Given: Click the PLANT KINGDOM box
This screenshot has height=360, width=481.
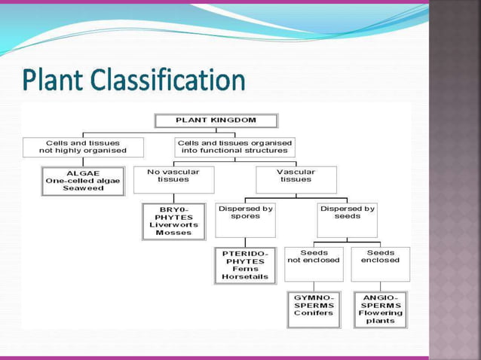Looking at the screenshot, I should (216, 121).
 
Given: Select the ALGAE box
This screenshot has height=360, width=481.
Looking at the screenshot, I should (83, 181).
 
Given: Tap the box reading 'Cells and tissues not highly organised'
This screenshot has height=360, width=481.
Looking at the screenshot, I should (83, 147).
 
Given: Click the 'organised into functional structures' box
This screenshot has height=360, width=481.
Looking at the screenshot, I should (234, 147).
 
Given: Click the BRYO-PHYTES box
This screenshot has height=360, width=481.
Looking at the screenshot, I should (173, 221).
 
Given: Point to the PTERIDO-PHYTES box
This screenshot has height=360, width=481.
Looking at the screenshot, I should (245, 265).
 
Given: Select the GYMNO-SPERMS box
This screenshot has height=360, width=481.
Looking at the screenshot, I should (314, 309).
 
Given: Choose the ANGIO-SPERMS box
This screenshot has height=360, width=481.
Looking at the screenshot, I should (380, 309).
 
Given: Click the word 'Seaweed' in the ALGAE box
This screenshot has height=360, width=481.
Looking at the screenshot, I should (83, 189).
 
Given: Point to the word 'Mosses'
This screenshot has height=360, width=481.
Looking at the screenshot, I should (173, 233).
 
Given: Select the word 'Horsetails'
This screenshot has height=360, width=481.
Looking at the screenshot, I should (245, 277).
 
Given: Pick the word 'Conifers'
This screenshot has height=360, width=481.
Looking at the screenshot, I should (314, 314).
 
